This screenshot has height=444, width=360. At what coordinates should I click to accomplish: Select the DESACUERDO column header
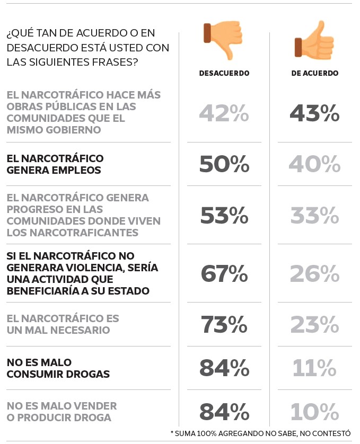click(x=224, y=74)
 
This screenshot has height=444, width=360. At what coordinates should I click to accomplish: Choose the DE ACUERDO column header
click(x=315, y=74)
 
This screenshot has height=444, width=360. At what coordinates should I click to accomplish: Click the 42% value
click(x=224, y=113)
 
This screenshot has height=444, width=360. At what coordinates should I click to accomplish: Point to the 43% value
click(x=315, y=113)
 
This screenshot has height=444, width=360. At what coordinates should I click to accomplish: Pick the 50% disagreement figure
click(x=224, y=164)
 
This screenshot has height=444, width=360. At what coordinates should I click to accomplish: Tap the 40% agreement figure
click(x=315, y=164)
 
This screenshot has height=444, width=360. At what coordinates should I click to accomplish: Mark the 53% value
click(x=224, y=216)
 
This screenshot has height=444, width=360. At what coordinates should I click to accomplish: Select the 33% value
click(x=315, y=216)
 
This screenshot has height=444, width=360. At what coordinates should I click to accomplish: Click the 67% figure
click(x=224, y=273)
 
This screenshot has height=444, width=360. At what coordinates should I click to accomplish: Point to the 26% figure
click(x=315, y=273)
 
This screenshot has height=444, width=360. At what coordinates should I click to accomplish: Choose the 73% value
click(x=224, y=324)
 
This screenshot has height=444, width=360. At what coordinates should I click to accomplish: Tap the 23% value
click(x=315, y=324)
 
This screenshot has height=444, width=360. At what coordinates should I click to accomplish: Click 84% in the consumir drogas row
click(x=224, y=368)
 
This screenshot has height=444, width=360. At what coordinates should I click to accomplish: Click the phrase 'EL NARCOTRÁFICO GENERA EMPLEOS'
click(x=55, y=164)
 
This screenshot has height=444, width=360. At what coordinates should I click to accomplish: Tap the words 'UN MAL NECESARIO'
click(x=58, y=331)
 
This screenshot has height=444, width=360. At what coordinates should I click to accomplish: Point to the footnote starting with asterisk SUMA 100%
click(x=261, y=433)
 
